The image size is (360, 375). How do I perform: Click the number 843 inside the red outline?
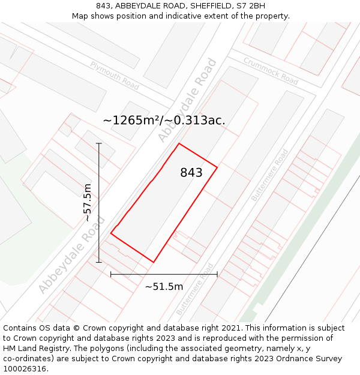pyautogui.click(x=191, y=173)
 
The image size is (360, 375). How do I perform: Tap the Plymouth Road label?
pyautogui.click(x=115, y=76)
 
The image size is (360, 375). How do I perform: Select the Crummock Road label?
pyautogui.click(x=271, y=71)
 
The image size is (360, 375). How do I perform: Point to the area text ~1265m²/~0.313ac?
pyautogui.click(x=164, y=120)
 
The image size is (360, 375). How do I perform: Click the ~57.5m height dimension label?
pyautogui.click(x=88, y=202)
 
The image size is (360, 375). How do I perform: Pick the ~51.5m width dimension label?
pyautogui.click(x=164, y=286)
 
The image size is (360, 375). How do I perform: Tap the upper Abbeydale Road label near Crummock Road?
pyautogui.click(x=187, y=100)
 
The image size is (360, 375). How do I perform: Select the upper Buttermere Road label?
pyautogui.click(x=269, y=175)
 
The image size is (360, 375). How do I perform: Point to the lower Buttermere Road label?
pyautogui.click(x=195, y=289)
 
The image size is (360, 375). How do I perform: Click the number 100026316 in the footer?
pyautogui.click(x=25, y=368)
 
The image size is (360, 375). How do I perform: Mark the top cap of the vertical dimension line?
pyautogui.click(x=99, y=143)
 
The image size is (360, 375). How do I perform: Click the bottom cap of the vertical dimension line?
pyautogui.click(x=99, y=262)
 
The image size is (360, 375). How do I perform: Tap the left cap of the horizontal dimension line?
pyautogui.click(x=111, y=274)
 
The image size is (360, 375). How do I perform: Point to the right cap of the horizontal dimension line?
pyautogui.click(x=217, y=274)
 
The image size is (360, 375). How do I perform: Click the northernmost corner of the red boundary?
pyautogui.click(x=179, y=143)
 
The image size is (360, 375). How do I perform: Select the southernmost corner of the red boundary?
pyautogui.click(x=154, y=262)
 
